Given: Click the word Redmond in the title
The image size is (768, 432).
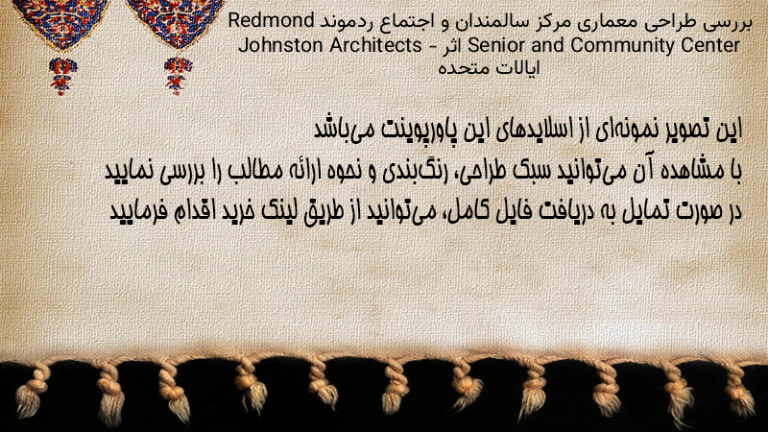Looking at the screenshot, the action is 271,21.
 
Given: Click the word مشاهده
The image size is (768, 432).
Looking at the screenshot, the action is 693,171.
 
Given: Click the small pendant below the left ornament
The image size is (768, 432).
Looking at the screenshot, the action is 62,76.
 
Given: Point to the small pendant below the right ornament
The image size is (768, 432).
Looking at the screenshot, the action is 178,76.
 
